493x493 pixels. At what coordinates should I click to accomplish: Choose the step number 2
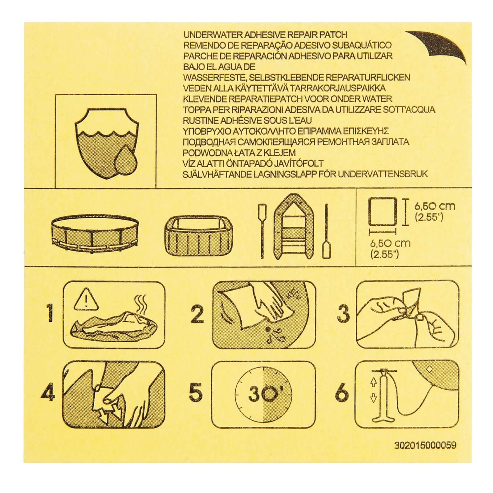pos(198,316)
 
